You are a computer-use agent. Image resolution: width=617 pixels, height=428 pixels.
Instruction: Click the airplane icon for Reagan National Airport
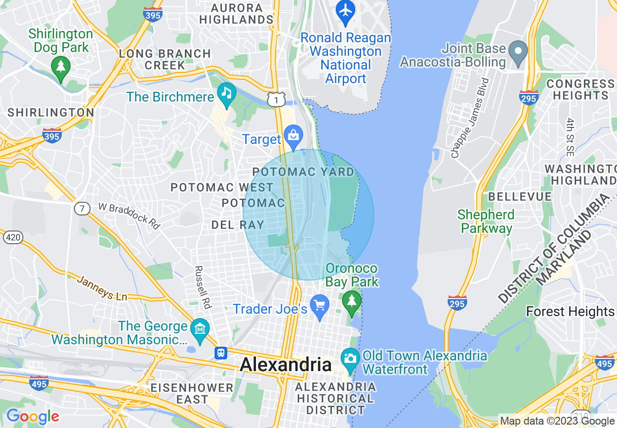click(345, 11)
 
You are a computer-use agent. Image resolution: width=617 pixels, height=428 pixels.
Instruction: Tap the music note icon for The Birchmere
click(226, 93)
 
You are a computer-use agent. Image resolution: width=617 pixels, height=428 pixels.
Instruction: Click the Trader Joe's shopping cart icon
click(320, 306)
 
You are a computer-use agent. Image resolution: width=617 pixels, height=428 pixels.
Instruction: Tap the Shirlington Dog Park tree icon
click(60, 67)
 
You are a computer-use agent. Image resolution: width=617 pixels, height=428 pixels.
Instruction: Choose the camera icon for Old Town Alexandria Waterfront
click(350, 358)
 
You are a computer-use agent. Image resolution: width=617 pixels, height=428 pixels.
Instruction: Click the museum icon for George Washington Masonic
click(200, 329)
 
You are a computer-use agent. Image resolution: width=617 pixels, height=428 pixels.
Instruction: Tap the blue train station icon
click(221, 353)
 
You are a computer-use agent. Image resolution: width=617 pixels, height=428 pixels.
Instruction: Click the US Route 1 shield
click(276, 100)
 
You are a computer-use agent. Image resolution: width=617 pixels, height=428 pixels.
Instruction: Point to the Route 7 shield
click(82, 209)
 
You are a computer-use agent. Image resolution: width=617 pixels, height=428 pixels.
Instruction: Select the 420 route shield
click(12, 237)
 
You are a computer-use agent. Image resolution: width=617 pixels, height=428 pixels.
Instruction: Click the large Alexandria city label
click(286, 365)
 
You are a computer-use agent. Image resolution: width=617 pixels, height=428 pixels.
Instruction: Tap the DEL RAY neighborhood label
click(238, 225)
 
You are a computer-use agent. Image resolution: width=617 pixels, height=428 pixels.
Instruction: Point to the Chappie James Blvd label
click(470, 118)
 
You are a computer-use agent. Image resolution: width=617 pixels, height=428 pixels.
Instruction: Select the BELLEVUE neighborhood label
click(520, 197)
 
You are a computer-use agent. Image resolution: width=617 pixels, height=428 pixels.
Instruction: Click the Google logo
click(33, 417)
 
